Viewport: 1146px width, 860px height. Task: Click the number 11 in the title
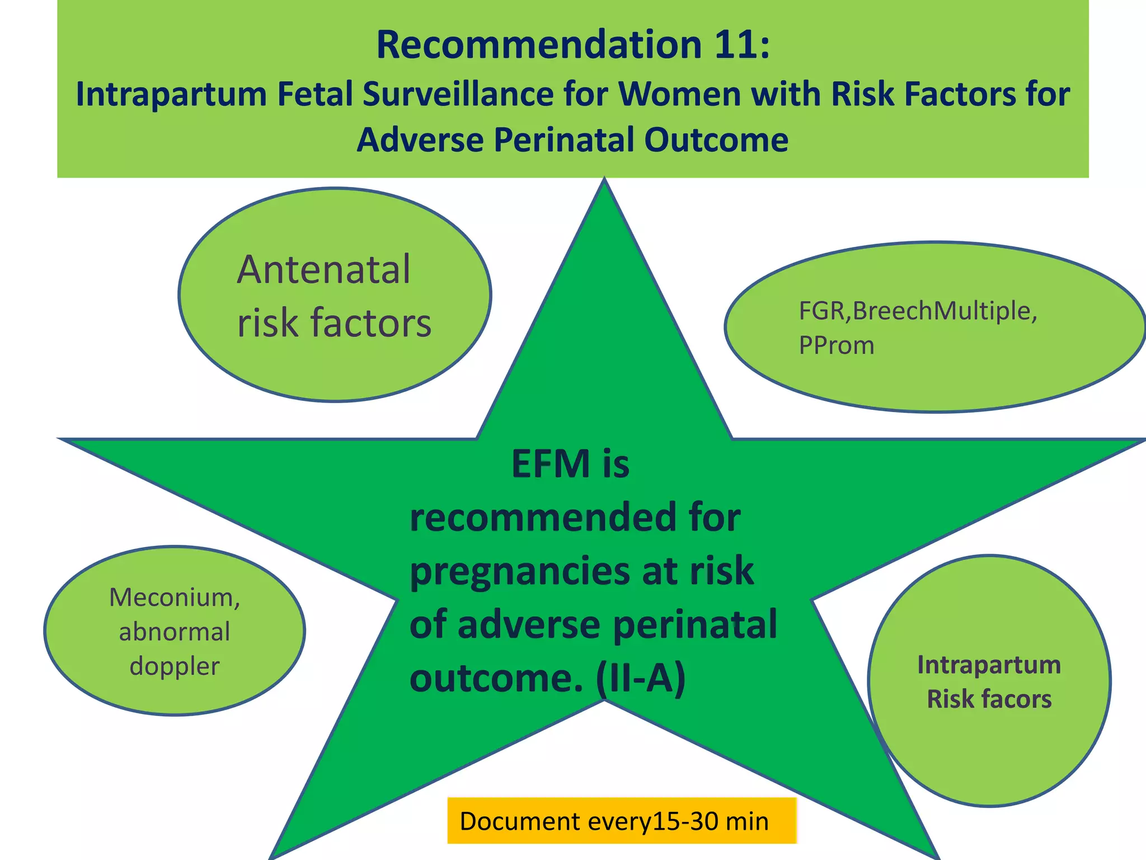735,45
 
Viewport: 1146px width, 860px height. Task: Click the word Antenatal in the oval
323,270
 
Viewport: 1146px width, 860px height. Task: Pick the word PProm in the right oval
836,345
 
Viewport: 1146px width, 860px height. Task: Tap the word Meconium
174,597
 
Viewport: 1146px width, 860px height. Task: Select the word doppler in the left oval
175,666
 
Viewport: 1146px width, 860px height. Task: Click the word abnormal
175,632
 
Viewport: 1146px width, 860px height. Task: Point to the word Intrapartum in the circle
989,665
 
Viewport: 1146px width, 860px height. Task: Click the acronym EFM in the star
551,464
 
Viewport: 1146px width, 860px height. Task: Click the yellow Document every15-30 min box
621,821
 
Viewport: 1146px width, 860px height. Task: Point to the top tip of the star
604,182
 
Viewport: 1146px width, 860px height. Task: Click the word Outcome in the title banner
716,140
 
